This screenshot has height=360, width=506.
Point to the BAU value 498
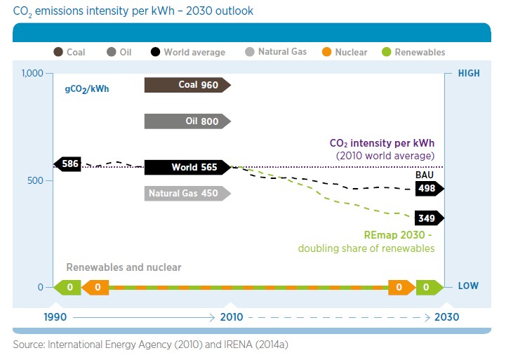point(428,189)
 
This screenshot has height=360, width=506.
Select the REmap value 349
point(428,218)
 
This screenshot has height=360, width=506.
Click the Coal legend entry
point(70,52)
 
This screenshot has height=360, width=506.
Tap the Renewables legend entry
point(413,52)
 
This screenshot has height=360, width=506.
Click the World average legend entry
point(187,52)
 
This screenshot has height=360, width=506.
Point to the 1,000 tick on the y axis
point(32,74)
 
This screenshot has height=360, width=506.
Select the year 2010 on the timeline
point(231,317)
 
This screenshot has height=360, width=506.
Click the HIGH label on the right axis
point(468,74)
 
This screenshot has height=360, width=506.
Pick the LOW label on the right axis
point(468,287)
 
